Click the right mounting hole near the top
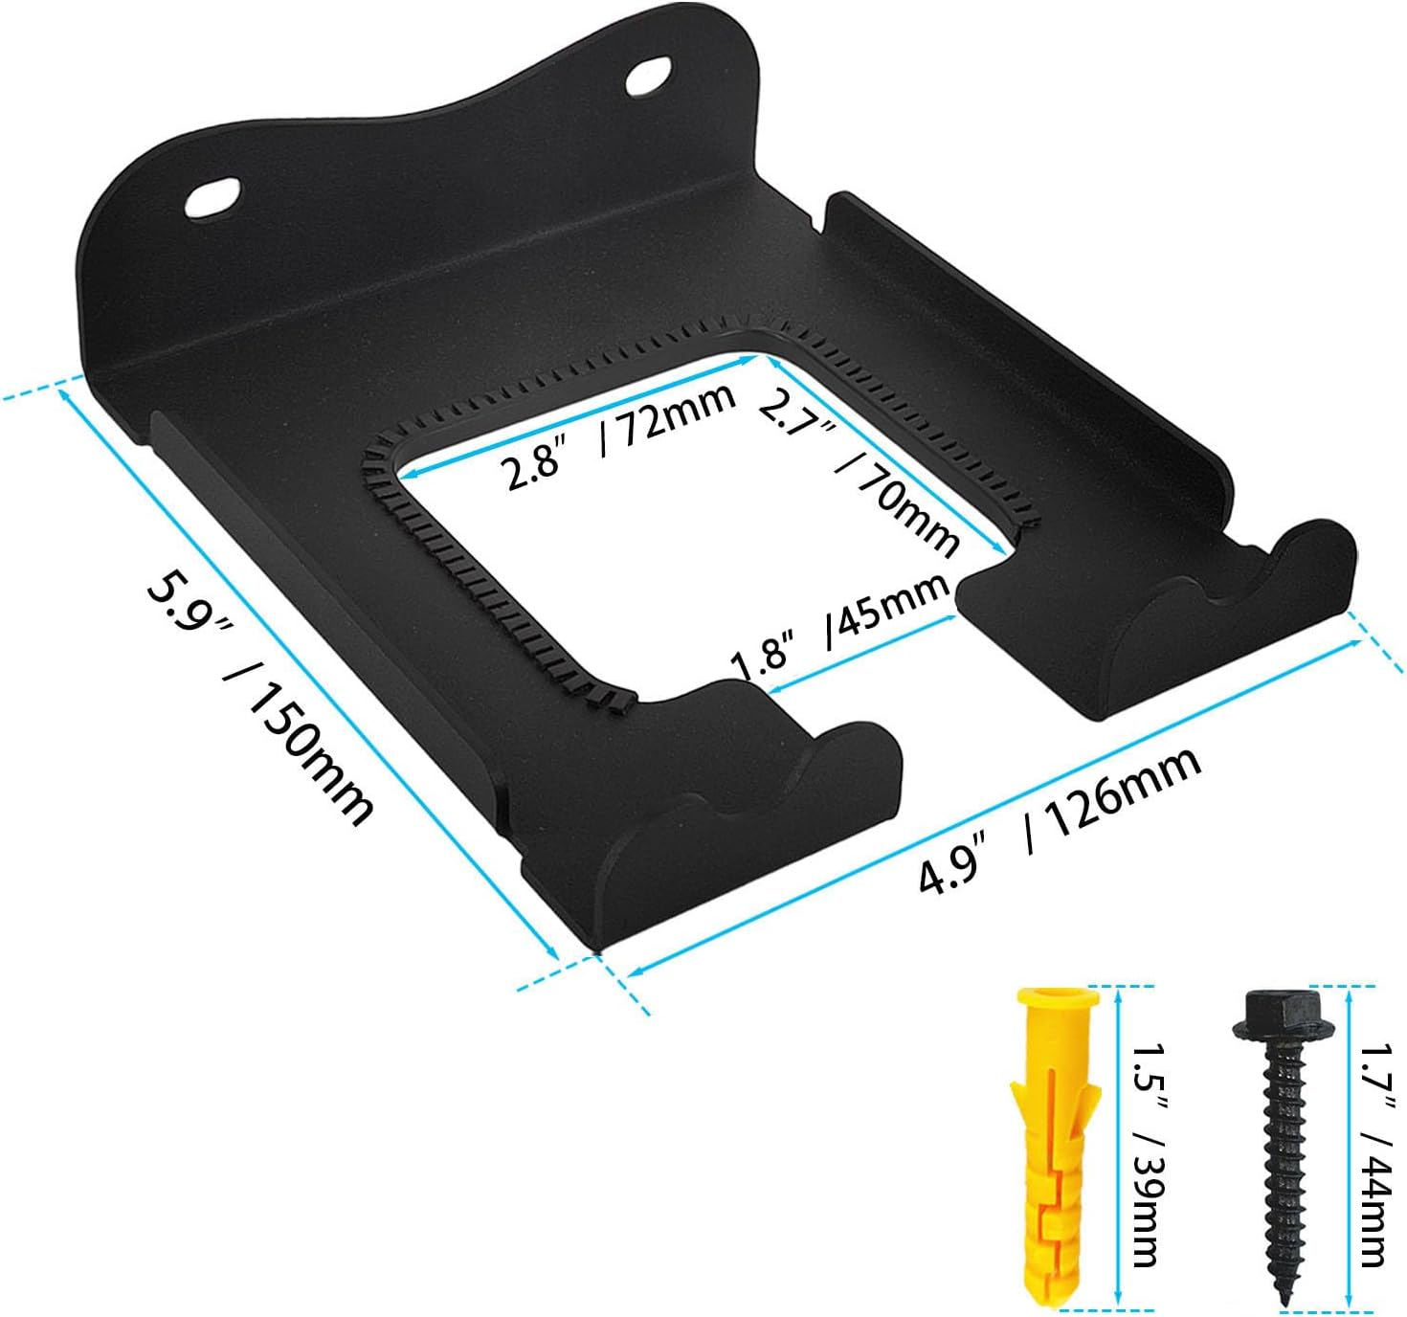(x=649, y=77)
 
